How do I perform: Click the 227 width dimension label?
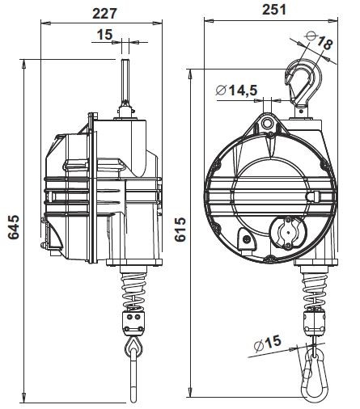pos(104,14)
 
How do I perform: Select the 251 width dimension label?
pos(274,10)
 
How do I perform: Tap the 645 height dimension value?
pos(14,227)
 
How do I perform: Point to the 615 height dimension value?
pos(180,229)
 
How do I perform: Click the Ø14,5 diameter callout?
pos(237,91)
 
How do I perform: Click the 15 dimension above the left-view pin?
pos(104,35)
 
